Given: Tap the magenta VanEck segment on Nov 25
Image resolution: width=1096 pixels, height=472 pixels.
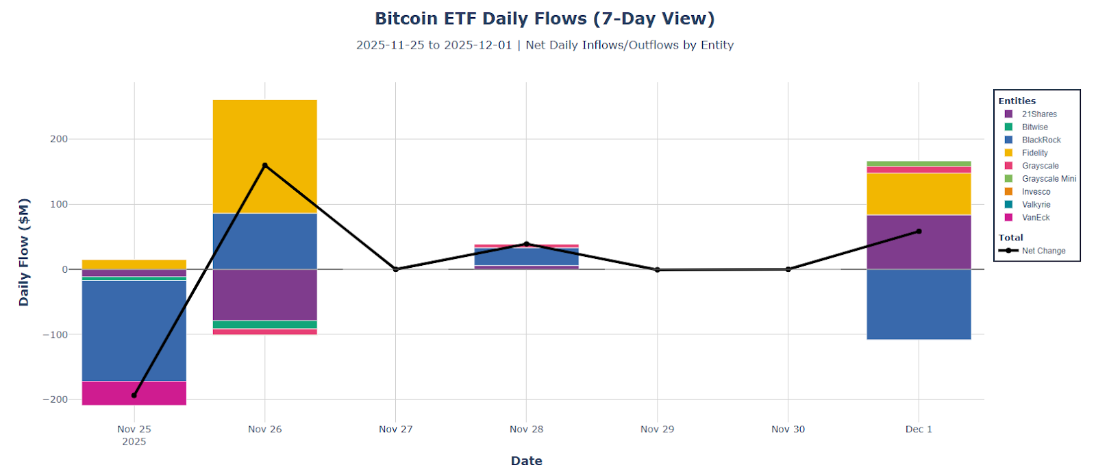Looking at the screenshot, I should [134, 393].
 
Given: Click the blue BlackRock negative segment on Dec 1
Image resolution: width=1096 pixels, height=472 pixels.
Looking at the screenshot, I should [918, 304].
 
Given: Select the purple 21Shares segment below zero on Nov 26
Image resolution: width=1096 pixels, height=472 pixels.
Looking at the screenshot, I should [264, 295].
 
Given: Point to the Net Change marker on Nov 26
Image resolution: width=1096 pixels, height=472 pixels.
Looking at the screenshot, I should [265, 166].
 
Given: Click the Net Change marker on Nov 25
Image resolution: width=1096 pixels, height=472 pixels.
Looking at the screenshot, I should [134, 395].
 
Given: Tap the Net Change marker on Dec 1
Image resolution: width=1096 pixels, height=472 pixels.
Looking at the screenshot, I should [919, 232].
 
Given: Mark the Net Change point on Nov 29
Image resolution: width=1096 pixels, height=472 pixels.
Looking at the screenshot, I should [658, 270].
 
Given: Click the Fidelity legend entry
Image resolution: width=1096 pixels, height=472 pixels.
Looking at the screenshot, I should [1034, 153].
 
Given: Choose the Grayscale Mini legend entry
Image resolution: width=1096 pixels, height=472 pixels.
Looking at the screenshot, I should [1048, 179].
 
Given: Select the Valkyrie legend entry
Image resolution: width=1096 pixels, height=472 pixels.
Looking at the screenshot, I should [1036, 205].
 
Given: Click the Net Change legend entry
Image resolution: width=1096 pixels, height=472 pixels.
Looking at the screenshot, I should [1043, 251].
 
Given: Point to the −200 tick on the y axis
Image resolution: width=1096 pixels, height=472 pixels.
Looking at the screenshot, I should [55, 399].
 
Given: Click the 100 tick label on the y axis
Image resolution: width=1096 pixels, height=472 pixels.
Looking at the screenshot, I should [59, 204].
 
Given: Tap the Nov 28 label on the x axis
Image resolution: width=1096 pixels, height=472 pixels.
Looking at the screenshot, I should [526, 430].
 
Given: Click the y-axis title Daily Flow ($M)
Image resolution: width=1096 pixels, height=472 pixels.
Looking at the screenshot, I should [24, 252].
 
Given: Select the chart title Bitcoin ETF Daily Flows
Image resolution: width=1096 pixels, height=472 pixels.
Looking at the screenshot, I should [545, 18].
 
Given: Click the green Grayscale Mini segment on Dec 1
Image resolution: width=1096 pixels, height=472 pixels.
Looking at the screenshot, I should [918, 164].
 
